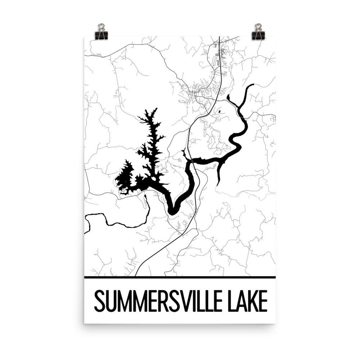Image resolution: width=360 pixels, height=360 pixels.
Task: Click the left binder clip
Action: point(101,30)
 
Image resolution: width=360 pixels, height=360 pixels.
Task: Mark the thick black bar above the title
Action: point(180,277)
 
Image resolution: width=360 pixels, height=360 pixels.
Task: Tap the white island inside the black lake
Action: point(154,179)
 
